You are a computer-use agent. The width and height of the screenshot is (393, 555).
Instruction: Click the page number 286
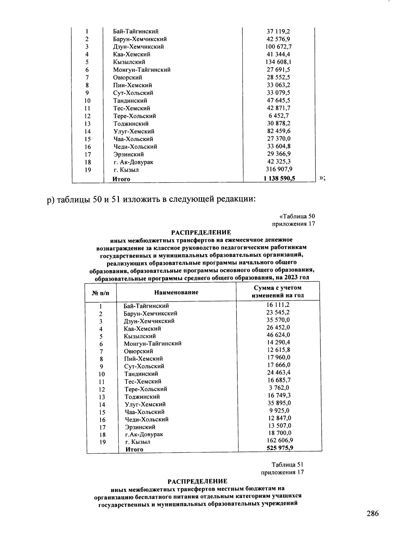[372, 513]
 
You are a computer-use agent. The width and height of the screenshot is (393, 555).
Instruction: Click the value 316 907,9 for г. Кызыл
[278, 169]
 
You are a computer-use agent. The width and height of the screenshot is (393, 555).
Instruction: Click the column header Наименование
[176, 292]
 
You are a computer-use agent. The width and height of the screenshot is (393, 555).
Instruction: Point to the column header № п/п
[101, 292]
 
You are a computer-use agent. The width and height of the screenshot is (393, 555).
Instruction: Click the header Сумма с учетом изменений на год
[277, 291]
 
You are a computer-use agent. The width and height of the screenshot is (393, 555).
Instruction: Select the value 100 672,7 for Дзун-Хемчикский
[278, 47]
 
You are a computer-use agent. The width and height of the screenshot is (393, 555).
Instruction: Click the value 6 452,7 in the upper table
[278, 115]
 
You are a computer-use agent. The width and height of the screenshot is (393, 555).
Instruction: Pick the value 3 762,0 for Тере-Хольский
[278, 388]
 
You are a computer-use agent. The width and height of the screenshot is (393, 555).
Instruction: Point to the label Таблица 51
[287, 465]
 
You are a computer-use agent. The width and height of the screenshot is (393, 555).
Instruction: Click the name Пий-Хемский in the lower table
[143, 359]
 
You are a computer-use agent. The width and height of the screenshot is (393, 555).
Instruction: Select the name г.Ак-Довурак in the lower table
[144, 434]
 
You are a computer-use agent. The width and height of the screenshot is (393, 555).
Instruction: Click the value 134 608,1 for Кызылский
[278, 62]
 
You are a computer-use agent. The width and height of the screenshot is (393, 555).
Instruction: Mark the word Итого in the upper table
[121, 179]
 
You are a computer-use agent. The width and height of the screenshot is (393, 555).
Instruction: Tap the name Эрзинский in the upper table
[128, 154]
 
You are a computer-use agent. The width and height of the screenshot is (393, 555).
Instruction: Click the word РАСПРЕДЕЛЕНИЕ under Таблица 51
[197, 481]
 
